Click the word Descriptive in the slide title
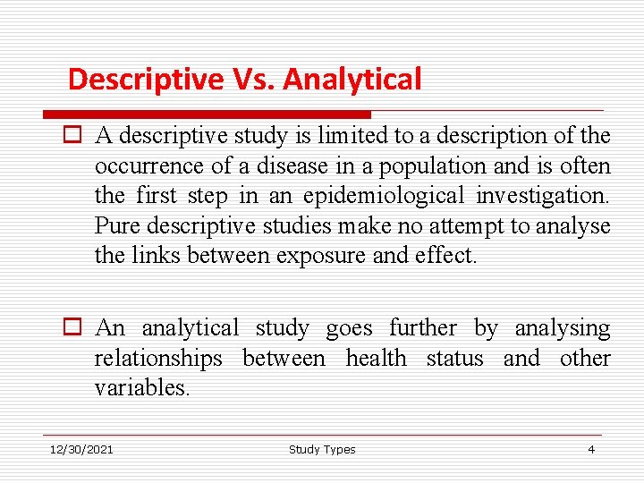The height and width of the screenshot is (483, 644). (x=146, y=80)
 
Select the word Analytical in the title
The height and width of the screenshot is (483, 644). (x=352, y=80)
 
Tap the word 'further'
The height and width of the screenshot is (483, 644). (x=421, y=328)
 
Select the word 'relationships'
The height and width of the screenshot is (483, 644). (x=158, y=359)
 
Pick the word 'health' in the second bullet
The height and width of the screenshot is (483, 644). (x=376, y=359)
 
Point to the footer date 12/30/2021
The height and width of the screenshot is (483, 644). (x=81, y=450)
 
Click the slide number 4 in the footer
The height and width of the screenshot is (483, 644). (x=590, y=450)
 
